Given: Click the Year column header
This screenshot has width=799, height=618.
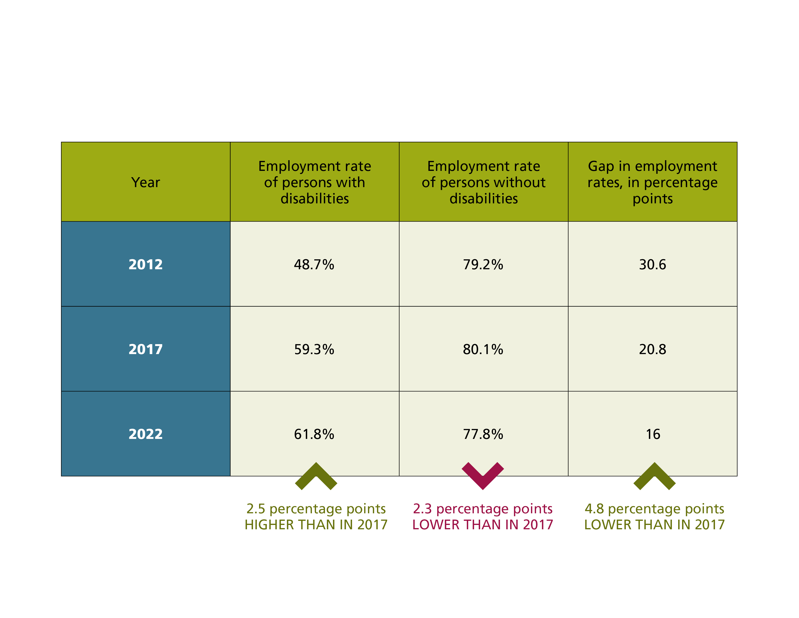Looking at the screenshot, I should click(x=145, y=182).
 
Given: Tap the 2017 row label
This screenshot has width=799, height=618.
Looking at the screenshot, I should click(x=145, y=349).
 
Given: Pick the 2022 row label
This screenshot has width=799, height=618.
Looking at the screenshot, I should click(x=145, y=434).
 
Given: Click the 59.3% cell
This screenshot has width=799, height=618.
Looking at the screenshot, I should click(x=314, y=349).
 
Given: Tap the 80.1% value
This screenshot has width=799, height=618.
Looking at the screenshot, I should click(x=483, y=349).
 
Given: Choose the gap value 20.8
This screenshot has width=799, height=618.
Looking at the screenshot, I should click(x=652, y=349).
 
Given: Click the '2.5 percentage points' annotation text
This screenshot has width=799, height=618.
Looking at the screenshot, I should click(x=316, y=508).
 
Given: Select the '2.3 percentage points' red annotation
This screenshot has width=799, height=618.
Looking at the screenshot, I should click(x=483, y=508).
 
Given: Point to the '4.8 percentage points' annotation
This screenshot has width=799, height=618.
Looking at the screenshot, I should click(x=654, y=508).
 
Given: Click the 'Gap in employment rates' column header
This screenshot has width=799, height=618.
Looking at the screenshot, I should click(x=652, y=182).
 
